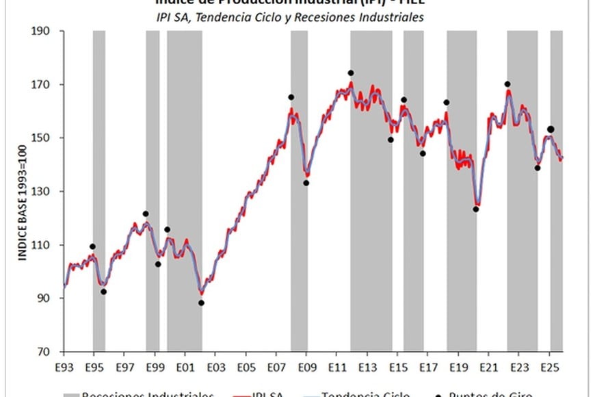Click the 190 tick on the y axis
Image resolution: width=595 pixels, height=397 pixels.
click(46, 31)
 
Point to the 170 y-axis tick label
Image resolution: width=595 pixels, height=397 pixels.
click(46, 85)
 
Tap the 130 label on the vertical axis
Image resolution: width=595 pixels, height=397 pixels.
click(46, 192)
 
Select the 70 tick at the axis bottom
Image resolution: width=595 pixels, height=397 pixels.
click(48, 352)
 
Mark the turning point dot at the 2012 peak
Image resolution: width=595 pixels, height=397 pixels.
click(351, 73)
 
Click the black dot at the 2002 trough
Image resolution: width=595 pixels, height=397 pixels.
click(201, 303)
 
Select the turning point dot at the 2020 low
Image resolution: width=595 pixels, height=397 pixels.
click(476, 209)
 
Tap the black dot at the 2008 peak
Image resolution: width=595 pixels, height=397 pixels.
click(291, 97)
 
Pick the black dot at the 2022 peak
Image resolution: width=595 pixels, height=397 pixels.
click(507, 84)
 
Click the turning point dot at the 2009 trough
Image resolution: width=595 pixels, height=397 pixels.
click(306, 183)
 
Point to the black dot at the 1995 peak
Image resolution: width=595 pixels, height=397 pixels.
click(92, 246)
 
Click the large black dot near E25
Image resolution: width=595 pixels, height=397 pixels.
click(551, 129)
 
